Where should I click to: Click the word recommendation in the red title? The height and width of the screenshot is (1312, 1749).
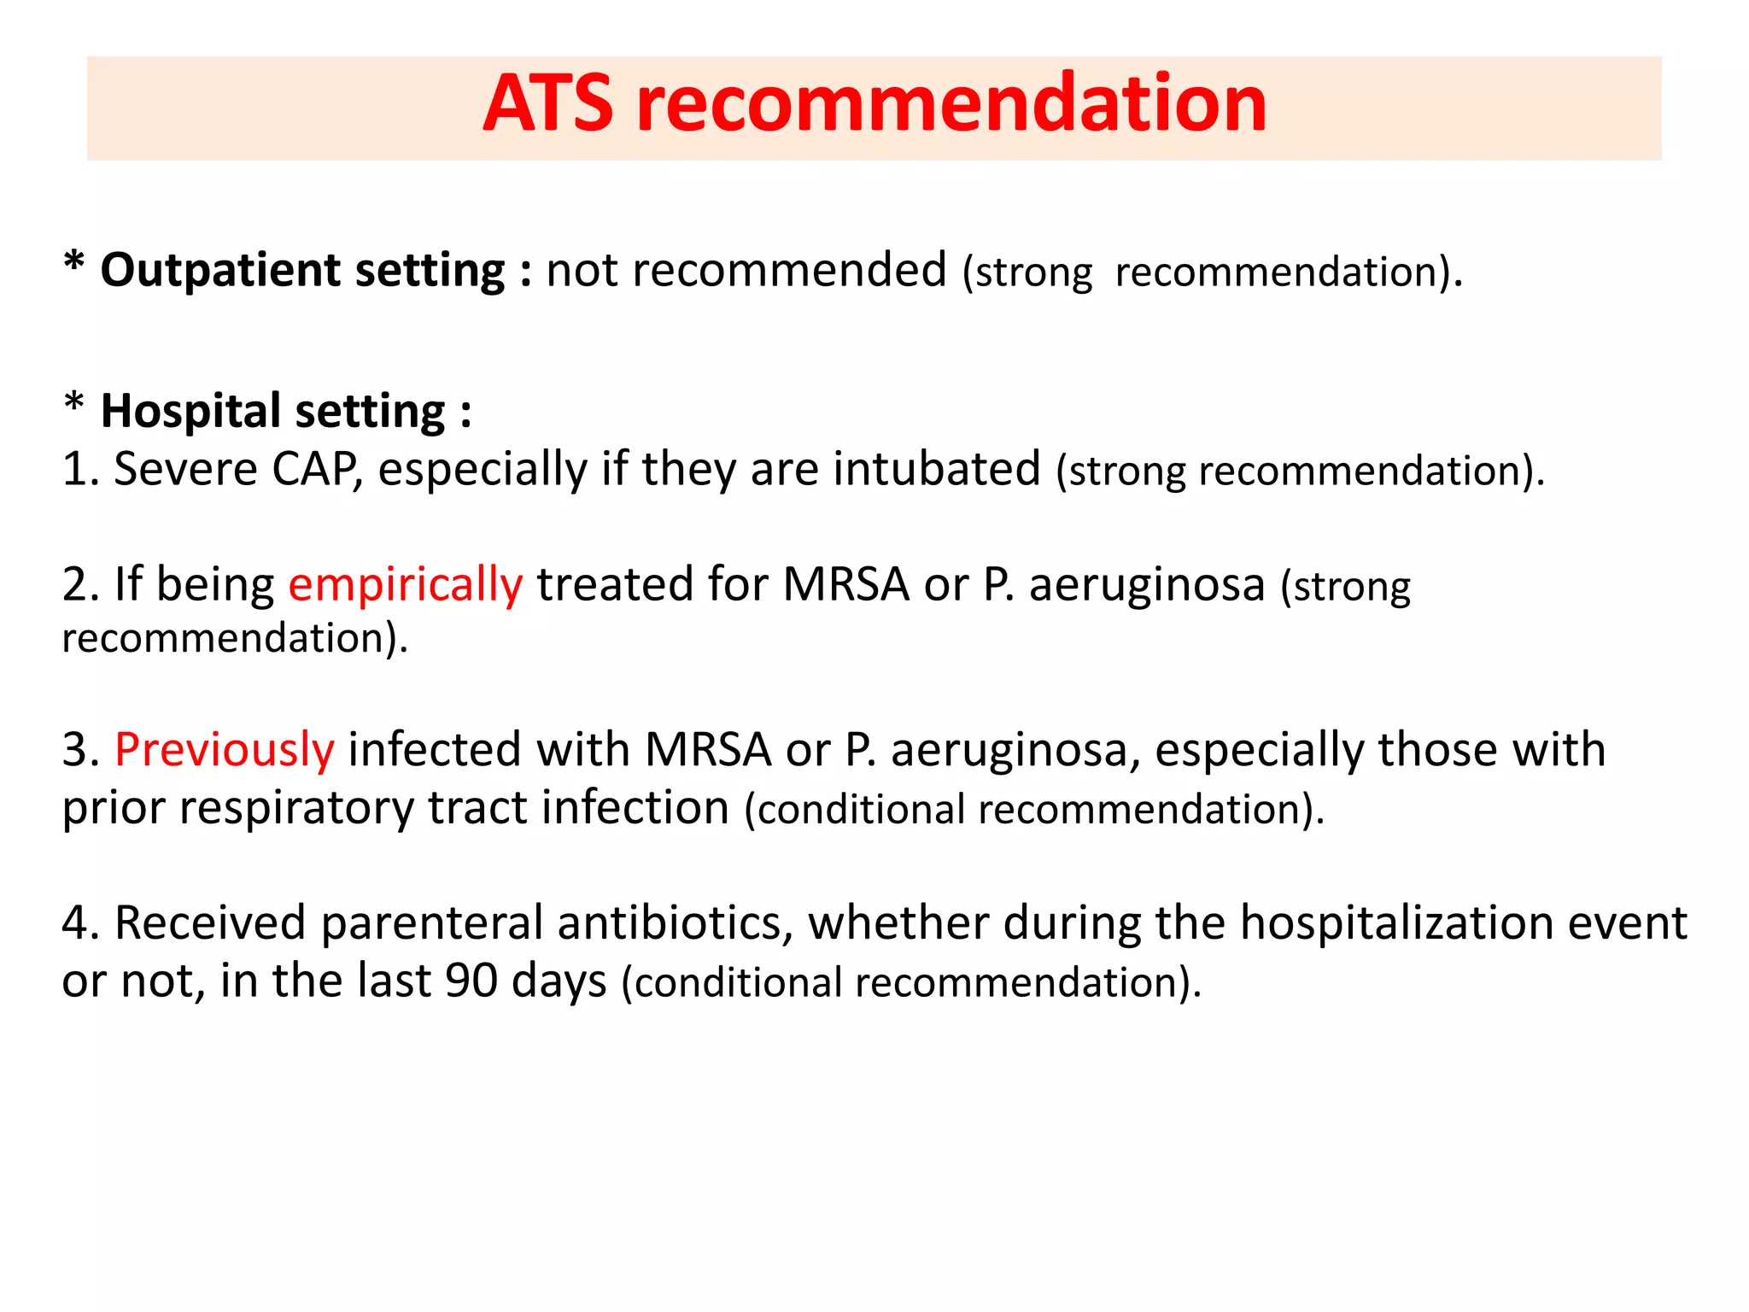(x=951, y=104)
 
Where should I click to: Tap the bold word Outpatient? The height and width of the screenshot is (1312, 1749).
(x=220, y=271)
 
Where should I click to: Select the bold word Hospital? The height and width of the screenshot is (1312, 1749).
(x=190, y=412)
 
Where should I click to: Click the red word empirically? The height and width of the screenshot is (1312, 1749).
(x=405, y=586)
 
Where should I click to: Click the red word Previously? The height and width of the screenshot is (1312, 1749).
(x=224, y=750)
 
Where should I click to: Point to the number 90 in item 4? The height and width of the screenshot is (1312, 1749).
(x=471, y=981)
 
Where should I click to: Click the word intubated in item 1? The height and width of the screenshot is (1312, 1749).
(x=937, y=470)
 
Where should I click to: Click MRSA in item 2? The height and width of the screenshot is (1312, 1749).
(x=845, y=586)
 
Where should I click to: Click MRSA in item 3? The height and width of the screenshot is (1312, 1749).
(x=707, y=750)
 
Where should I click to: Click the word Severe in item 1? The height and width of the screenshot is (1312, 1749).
(x=185, y=470)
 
